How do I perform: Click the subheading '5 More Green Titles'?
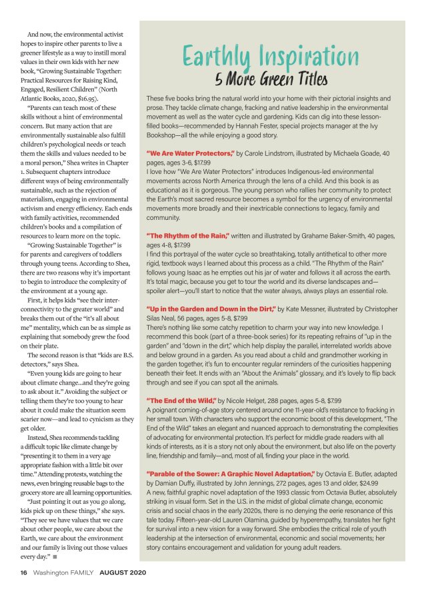(271, 80)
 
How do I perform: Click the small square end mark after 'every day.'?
(55, 556)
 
